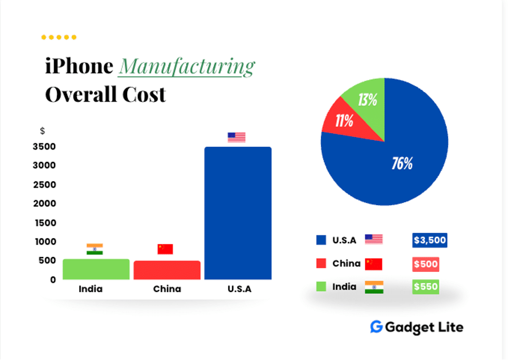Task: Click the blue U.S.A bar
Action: click(238, 214)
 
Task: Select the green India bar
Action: click(96, 269)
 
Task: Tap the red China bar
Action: click(167, 270)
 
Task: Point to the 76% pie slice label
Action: click(402, 164)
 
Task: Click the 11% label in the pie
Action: click(344, 121)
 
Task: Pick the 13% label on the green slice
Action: click(367, 100)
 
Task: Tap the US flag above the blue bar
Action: click(237, 138)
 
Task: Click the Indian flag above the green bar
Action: click(95, 249)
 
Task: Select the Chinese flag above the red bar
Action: click(165, 249)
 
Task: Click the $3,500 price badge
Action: click(430, 240)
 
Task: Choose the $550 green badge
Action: click(426, 287)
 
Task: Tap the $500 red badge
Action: click(426, 264)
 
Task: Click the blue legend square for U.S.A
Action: click(321, 240)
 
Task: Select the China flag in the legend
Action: click(374, 264)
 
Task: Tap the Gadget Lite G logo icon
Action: click(376, 327)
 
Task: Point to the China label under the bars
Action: click(167, 289)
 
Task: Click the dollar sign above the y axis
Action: click(42, 131)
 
